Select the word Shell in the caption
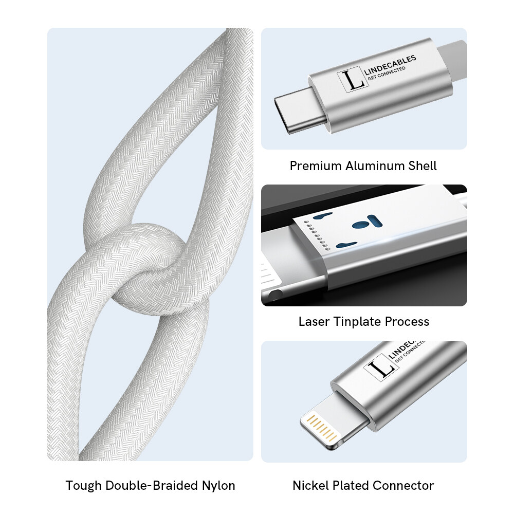[x=423, y=166]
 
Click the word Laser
[x=314, y=322]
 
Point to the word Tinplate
[x=357, y=322]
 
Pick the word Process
[x=407, y=322]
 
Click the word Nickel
[x=310, y=486]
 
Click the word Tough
[x=84, y=486]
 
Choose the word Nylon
[x=218, y=486]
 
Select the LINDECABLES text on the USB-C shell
[x=390, y=64]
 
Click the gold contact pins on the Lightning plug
[x=321, y=428]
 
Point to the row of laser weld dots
[x=316, y=235]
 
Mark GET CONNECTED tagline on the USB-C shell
[x=387, y=74]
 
